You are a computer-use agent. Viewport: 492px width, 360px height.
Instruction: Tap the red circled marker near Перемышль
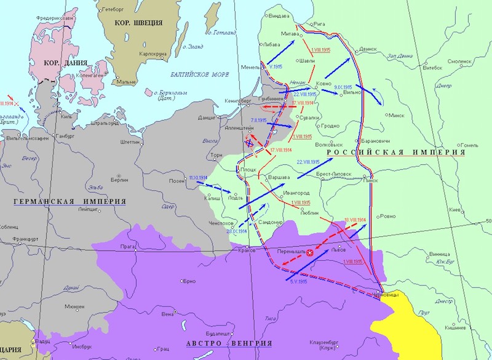[x=310, y=252]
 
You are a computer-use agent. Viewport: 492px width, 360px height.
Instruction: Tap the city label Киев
[x=454, y=210]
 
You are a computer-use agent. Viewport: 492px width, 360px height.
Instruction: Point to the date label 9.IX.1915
[x=342, y=87]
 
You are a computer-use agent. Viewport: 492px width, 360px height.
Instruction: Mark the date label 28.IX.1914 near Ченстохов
[x=237, y=231]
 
